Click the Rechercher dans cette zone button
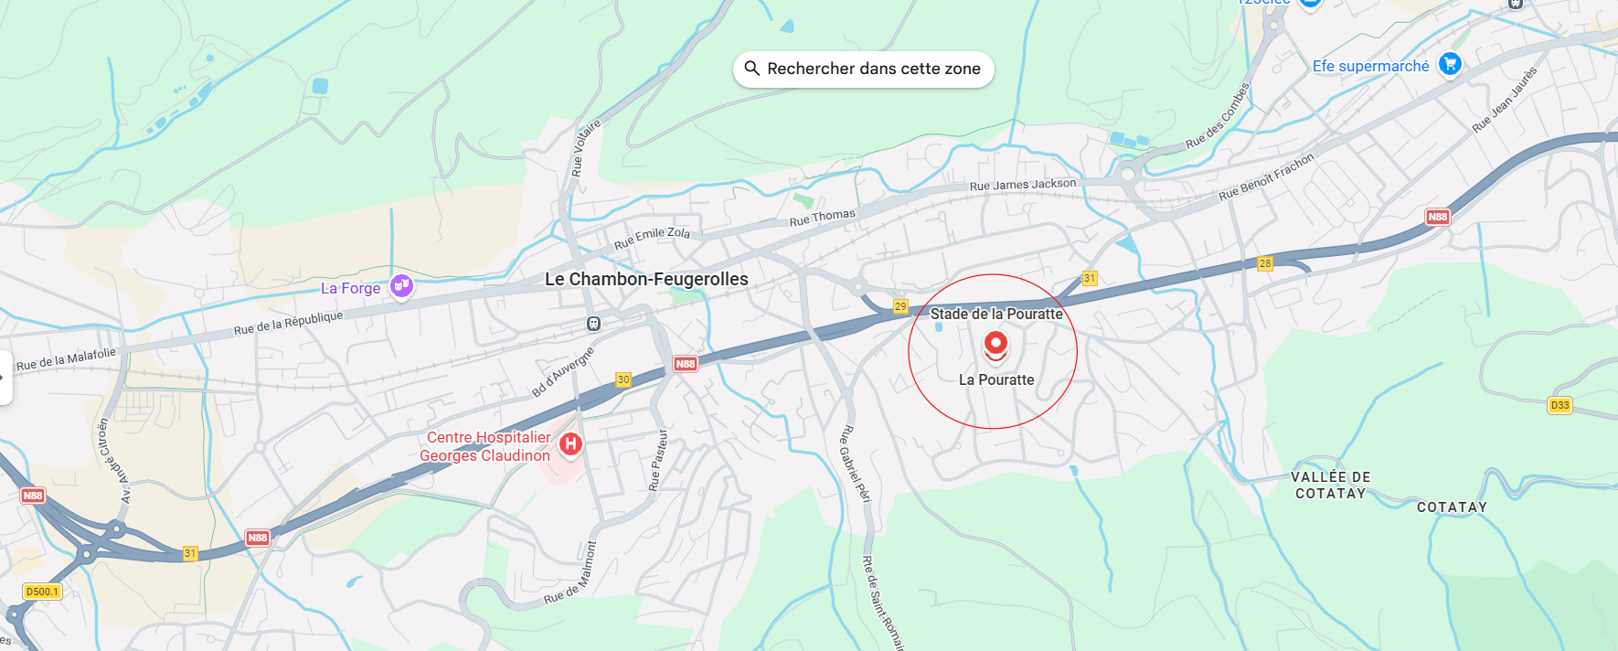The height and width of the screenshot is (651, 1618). click(x=863, y=69)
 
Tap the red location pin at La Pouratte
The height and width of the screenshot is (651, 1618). click(x=995, y=345)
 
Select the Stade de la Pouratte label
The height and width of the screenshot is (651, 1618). click(x=996, y=314)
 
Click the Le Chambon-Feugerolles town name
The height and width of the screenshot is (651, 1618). click(x=646, y=279)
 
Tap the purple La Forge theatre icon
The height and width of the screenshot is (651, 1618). click(x=401, y=286)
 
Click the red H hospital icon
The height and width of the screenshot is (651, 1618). click(x=570, y=444)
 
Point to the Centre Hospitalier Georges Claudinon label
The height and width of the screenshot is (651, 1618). click(x=486, y=446)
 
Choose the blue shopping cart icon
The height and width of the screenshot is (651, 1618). click(x=1450, y=64)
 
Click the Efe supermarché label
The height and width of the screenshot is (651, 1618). click(x=1370, y=66)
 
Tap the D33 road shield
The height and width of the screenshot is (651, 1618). click(x=1559, y=405)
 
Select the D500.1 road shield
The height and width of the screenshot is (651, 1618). click(x=42, y=592)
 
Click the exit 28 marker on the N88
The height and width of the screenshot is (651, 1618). click(x=1265, y=263)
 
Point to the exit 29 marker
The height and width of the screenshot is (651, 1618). click(x=900, y=306)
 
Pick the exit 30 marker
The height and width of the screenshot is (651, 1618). click(x=623, y=379)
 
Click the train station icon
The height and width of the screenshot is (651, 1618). click(x=593, y=324)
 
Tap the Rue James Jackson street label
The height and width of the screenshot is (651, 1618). click(x=1023, y=185)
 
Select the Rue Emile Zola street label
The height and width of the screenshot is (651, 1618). click(x=652, y=238)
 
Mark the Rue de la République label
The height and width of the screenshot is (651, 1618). click(x=288, y=323)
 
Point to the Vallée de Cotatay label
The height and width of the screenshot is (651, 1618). click(x=1330, y=486)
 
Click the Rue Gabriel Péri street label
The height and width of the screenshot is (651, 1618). click(x=856, y=464)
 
